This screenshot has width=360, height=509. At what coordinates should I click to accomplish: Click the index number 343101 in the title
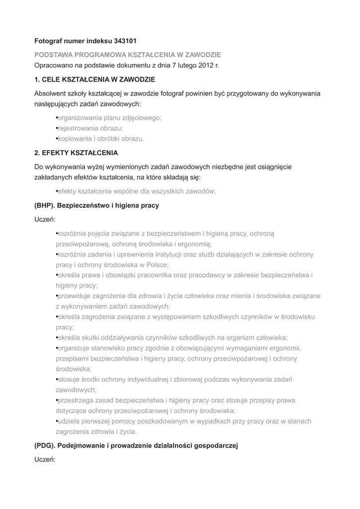point(122,41)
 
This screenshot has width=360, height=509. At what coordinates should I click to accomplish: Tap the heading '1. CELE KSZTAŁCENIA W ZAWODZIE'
point(94,79)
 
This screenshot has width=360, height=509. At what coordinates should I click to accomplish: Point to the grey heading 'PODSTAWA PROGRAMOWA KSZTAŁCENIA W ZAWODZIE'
point(128,54)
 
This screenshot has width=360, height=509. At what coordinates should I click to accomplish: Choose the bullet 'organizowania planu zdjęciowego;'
point(109,118)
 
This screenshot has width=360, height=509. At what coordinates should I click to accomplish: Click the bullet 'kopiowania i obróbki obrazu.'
point(100,139)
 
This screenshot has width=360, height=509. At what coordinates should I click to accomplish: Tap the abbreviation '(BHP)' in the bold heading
point(45,205)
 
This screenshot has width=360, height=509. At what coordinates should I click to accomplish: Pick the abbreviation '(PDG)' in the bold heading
point(46,446)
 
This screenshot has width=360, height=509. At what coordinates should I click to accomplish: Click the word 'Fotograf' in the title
point(49,41)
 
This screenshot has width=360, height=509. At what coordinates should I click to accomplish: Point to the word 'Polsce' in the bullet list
point(157,264)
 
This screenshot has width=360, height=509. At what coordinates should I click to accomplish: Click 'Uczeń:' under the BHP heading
point(45,219)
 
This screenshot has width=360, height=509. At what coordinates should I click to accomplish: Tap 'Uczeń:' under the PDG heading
point(45,460)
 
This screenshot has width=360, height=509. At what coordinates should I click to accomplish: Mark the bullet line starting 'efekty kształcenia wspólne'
point(137,191)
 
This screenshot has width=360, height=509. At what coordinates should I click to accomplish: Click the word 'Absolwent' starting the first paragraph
point(50,93)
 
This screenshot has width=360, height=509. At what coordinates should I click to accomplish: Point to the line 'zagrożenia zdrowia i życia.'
point(96,431)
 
